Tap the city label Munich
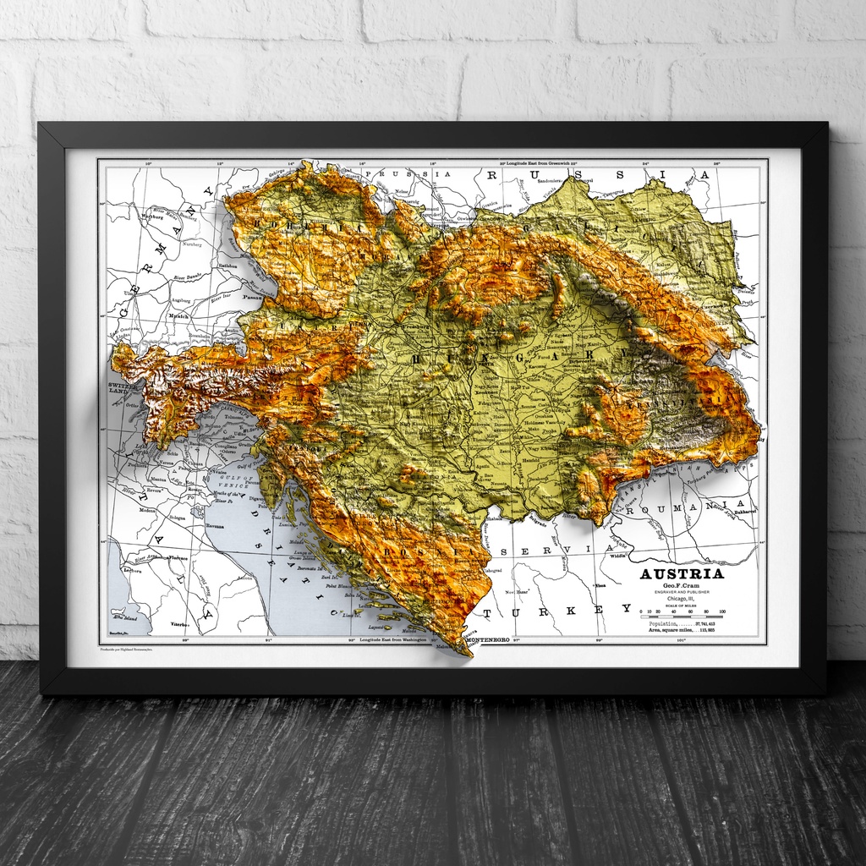(178, 315)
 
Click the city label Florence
(177, 558)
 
